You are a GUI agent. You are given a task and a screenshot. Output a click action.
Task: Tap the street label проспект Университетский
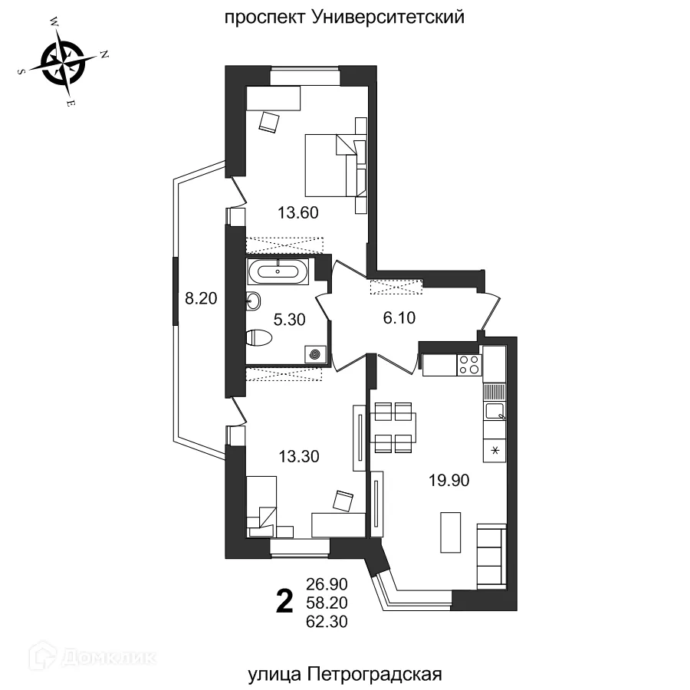point(345,17)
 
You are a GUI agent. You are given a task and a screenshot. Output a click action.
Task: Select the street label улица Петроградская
point(345,675)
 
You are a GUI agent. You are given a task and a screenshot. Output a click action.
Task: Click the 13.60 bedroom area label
point(297,212)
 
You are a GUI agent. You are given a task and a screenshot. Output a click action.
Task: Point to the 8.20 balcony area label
point(202,298)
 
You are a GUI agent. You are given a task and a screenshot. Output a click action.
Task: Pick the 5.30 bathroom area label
point(289,320)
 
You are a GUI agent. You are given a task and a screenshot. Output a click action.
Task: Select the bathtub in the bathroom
point(277,271)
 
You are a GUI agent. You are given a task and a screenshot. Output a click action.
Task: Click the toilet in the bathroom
point(260,337)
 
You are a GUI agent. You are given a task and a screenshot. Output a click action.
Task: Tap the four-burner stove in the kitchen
point(469,364)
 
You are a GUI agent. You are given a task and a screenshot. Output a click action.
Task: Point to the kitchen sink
point(495,412)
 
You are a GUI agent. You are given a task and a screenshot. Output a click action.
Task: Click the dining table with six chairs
point(393,426)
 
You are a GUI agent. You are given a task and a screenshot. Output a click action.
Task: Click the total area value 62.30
point(327,623)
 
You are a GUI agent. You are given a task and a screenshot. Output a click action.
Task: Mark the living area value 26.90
point(327,585)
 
